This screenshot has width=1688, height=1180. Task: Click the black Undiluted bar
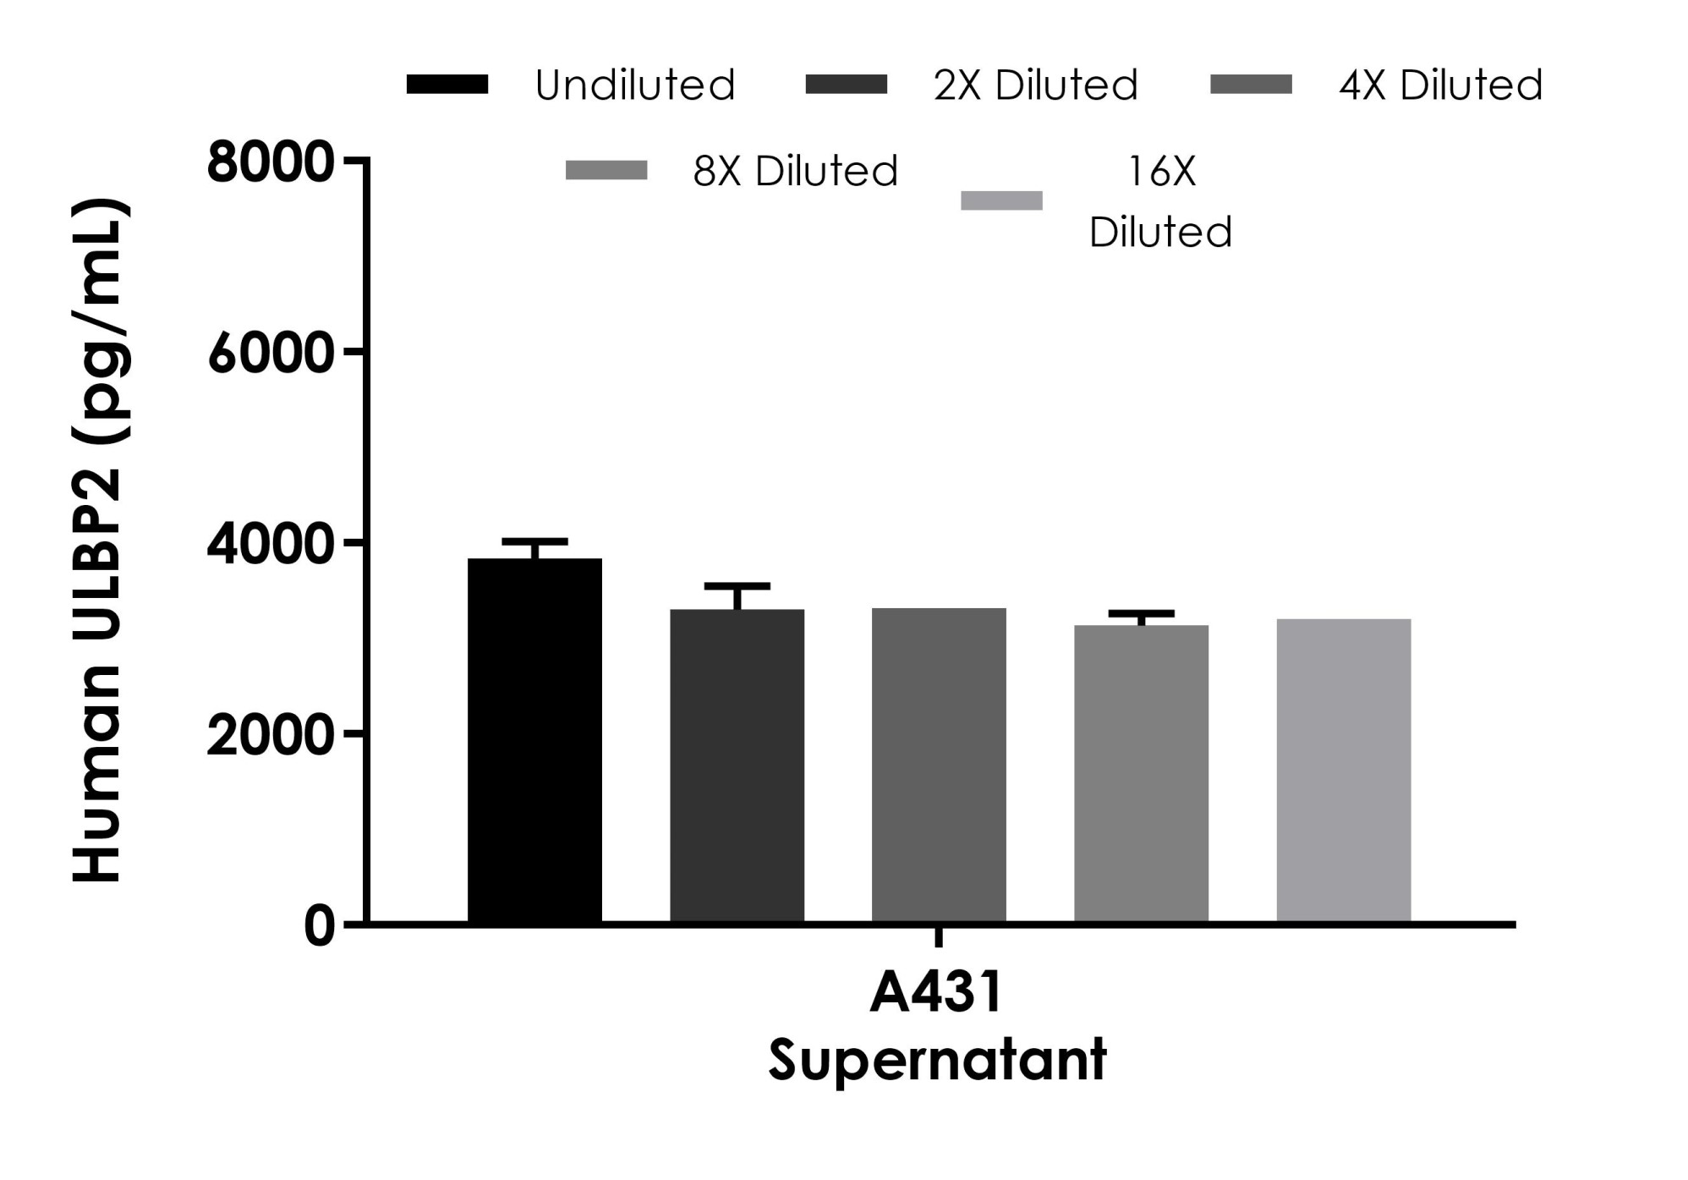[x=534, y=740]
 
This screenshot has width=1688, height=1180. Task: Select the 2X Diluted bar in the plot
[x=737, y=766]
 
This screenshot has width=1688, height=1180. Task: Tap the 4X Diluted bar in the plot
[x=939, y=766]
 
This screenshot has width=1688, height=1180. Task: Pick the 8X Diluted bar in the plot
[x=1141, y=773]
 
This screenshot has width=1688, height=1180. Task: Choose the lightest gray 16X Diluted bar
[x=1343, y=770]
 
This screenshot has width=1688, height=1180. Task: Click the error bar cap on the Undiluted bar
[x=534, y=541]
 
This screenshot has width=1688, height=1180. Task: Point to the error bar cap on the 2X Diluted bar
[x=737, y=586]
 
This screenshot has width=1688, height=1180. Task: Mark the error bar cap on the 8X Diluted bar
[x=1141, y=612]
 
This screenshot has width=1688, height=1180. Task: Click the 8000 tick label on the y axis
[x=271, y=162]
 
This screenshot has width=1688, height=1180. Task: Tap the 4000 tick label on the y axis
[x=271, y=544]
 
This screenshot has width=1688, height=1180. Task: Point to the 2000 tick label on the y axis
[x=271, y=734]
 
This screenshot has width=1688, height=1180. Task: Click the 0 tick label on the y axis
[x=320, y=925]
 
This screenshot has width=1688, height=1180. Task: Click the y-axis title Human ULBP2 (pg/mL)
[x=100, y=541]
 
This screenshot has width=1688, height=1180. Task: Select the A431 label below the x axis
[x=936, y=991]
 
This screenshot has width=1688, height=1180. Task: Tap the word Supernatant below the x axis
[x=937, y=1059]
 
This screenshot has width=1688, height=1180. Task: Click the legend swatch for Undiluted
[x=447, y=85]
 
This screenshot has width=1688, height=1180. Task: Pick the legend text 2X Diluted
[x=1035, y=85]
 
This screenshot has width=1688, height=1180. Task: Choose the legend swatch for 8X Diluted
[x=606, y=171]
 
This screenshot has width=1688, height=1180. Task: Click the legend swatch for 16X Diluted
[x=1001, y=200]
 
